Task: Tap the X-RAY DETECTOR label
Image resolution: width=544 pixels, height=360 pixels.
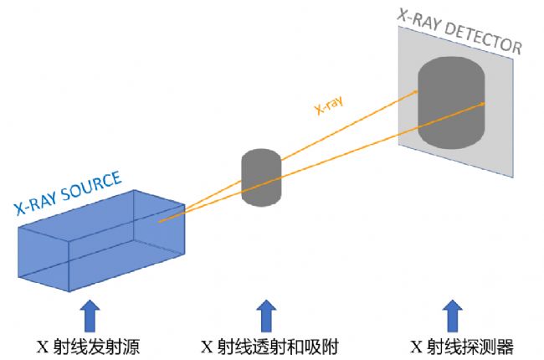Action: pyautogui.click(x=459, y=31)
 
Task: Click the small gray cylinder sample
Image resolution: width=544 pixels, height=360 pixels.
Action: pyautogui.click(x=261, y=177)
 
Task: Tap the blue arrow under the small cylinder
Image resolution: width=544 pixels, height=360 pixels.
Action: pyautogui.click(x=266, y=316)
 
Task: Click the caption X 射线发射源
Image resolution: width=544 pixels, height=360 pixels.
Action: pyautogui.click(x=89, y=346)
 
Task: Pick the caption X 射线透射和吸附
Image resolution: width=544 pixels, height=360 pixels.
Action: pyautogui.click(x=269, y=346)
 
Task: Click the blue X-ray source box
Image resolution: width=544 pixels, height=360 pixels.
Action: pyautogui.click(x=100, y=243)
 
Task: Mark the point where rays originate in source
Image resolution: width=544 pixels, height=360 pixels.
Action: pyautogui.click(x=159, y=222)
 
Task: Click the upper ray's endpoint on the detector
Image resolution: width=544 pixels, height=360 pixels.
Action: pyautogui.click(x=417, y=91)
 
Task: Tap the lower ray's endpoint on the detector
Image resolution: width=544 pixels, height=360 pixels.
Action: pyautogui.click(x=484, y=105)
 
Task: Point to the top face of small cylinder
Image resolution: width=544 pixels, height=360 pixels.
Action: pyautogui.click(x=261, y=157)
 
